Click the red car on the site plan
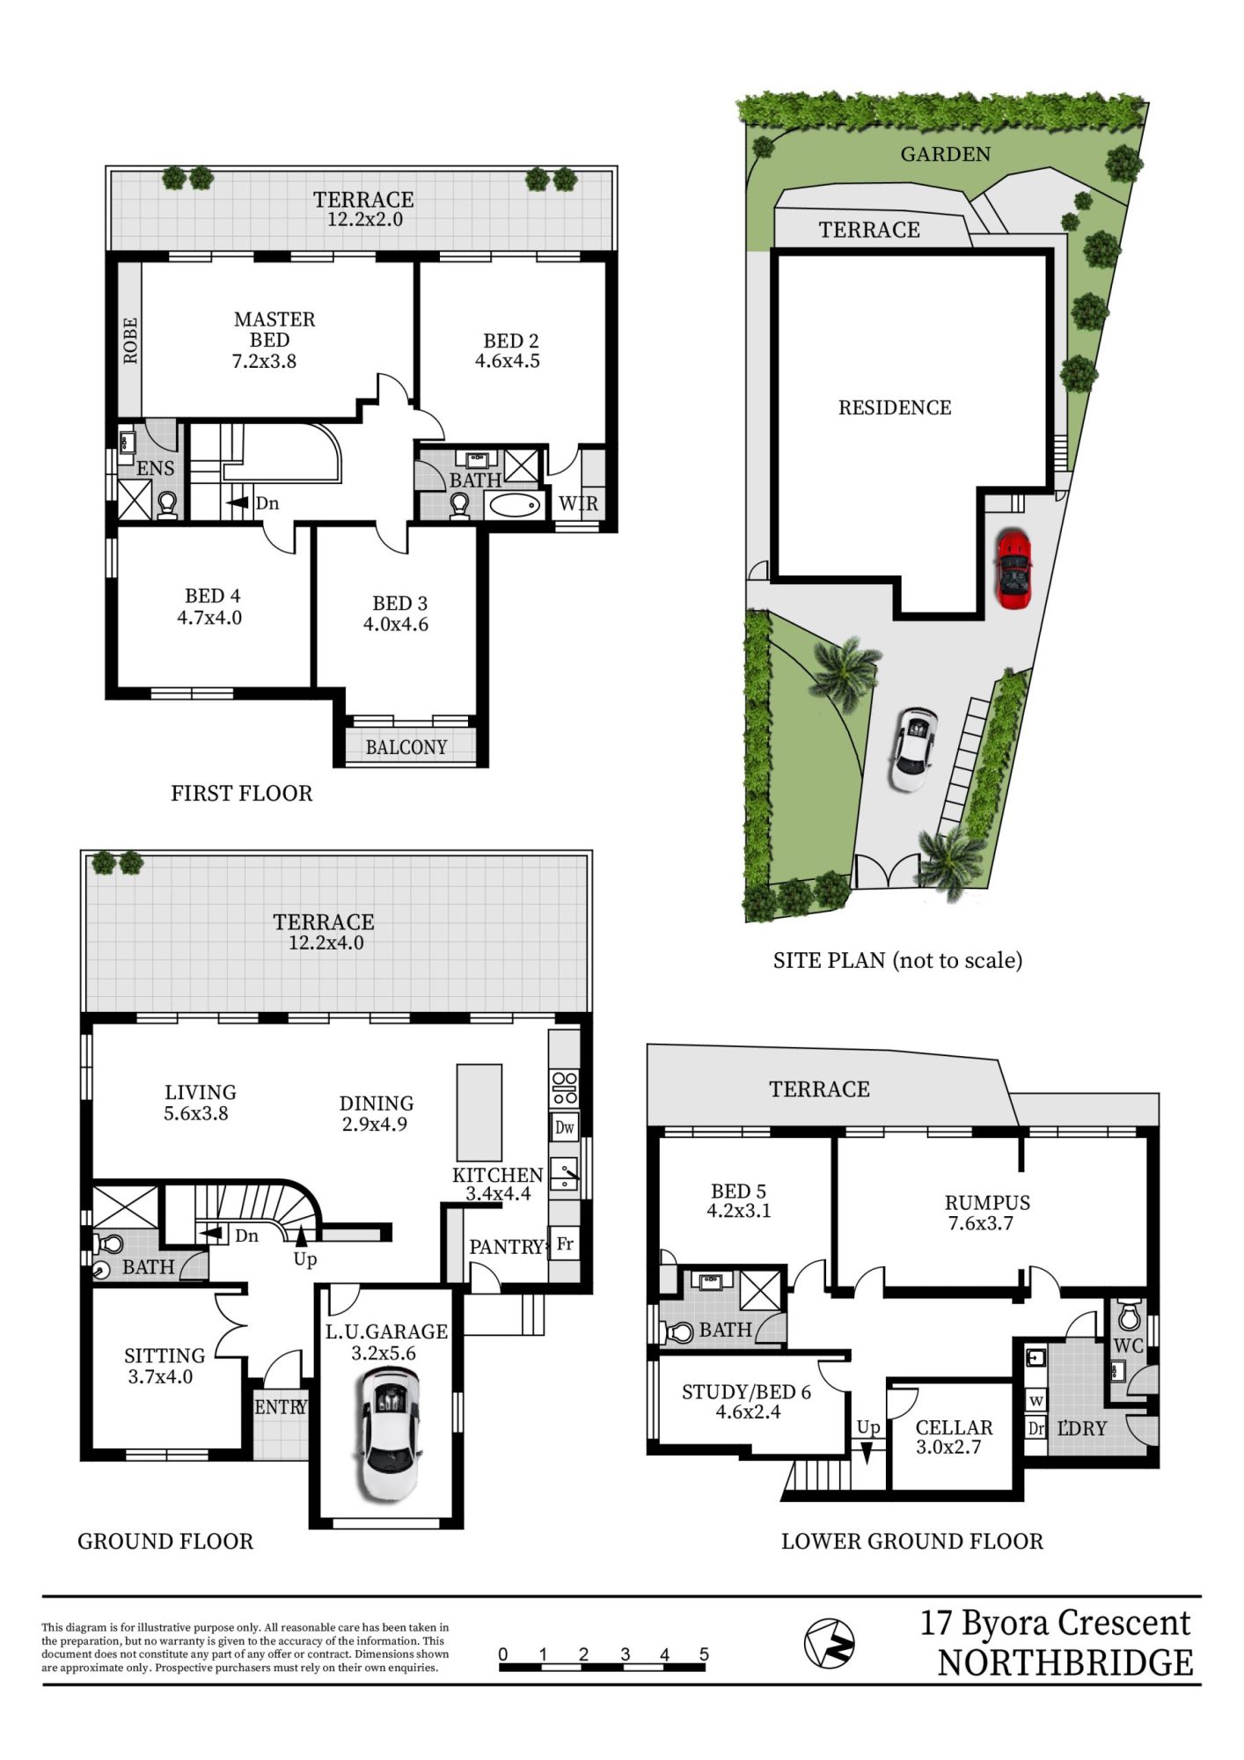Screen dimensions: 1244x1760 point(1014,568)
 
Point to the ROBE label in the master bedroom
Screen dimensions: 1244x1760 point(130,341)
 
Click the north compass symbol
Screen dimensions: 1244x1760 point(829,1642)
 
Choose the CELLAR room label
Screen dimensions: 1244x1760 point(954,1427)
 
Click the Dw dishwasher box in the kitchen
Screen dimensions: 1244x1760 point(564,1127)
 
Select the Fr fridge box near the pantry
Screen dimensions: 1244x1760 point(565,1244)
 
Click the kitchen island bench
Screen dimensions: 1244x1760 point(479,1113)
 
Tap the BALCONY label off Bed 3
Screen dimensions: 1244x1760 point(406,747)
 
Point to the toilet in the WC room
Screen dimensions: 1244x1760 point(1129,1316)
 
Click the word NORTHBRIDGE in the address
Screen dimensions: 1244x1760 point(1065,1663)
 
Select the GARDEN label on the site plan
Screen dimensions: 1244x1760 point(946,154)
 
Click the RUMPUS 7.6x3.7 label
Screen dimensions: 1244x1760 point(987,1213)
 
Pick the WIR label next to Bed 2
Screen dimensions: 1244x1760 point(578,503)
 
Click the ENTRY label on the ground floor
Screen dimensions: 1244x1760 point(281,1407)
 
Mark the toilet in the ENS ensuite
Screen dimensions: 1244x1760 point(167,505)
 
